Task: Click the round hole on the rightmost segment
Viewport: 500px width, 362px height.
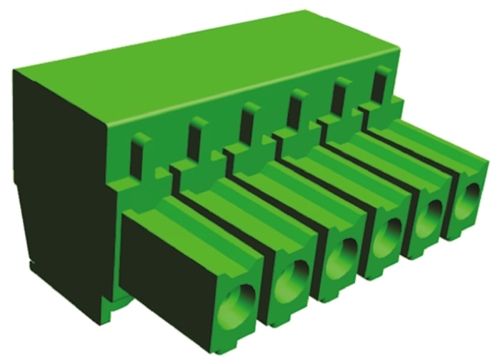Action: pos(465,200)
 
